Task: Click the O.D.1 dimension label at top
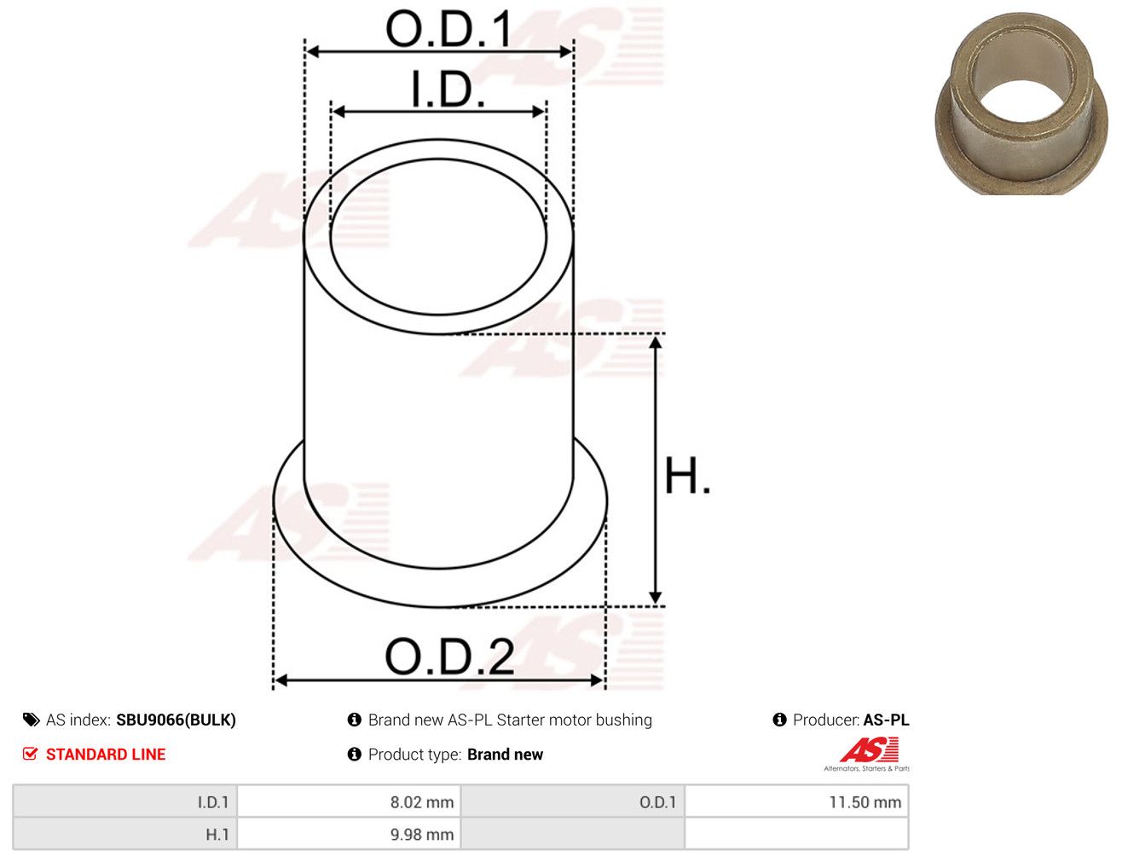(x=448, y=29)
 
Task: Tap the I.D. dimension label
(x=448, y=90)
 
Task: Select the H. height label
(x=686, y=476)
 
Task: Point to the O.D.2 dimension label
(x=449, y=657)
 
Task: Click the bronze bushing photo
(x=1021, y=103)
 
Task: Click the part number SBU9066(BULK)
(x=176, y=720)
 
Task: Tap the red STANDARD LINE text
(x=106, y=755)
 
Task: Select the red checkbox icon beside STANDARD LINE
(x=31, y=754)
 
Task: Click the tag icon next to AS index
(x=31, y=720)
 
